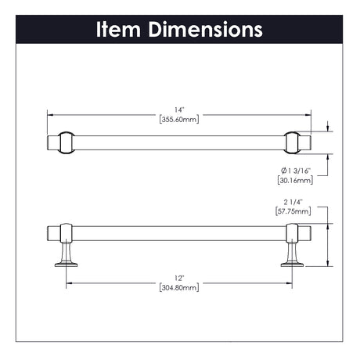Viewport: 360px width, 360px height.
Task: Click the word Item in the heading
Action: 118,30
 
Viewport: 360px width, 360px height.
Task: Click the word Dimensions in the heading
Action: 206,30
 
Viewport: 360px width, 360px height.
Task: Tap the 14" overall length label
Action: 179,110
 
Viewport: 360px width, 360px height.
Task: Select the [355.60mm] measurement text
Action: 179,120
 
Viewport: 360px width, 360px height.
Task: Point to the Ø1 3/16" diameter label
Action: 296,171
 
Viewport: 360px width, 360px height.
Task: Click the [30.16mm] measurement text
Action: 295,180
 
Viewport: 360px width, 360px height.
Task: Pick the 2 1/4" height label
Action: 293,202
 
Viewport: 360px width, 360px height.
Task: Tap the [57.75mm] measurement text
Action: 293,211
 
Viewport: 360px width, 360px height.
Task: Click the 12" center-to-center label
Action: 179,278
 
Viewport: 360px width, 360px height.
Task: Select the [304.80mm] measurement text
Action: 179,287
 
